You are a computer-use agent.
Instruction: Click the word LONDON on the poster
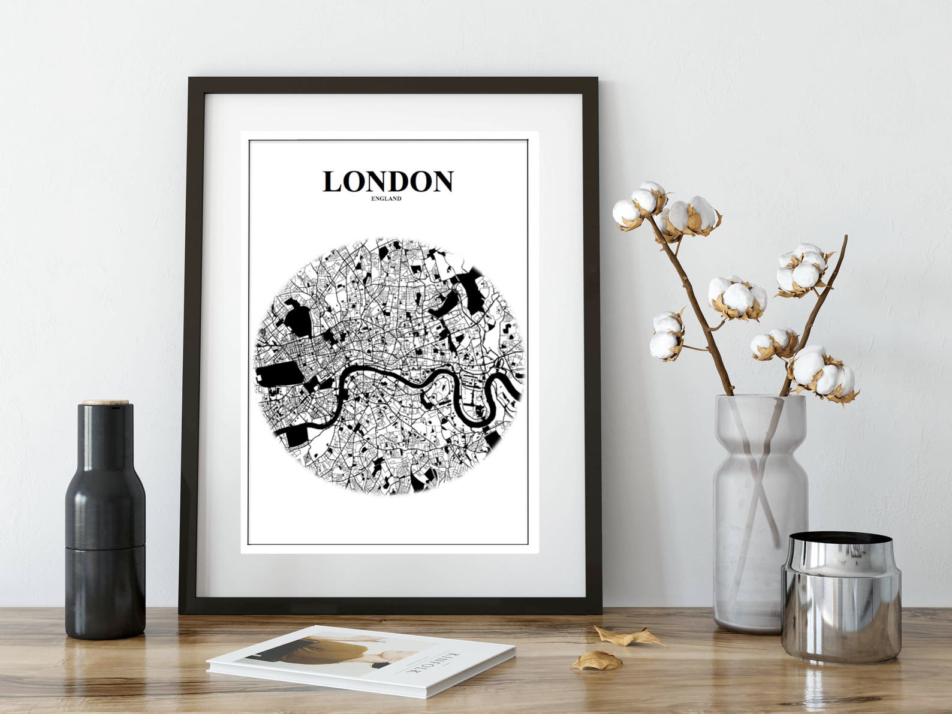point(388,181)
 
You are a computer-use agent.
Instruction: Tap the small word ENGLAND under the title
point(386,199)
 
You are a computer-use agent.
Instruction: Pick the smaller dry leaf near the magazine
point(596,661)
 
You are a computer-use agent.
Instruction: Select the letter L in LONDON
point(334,182)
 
